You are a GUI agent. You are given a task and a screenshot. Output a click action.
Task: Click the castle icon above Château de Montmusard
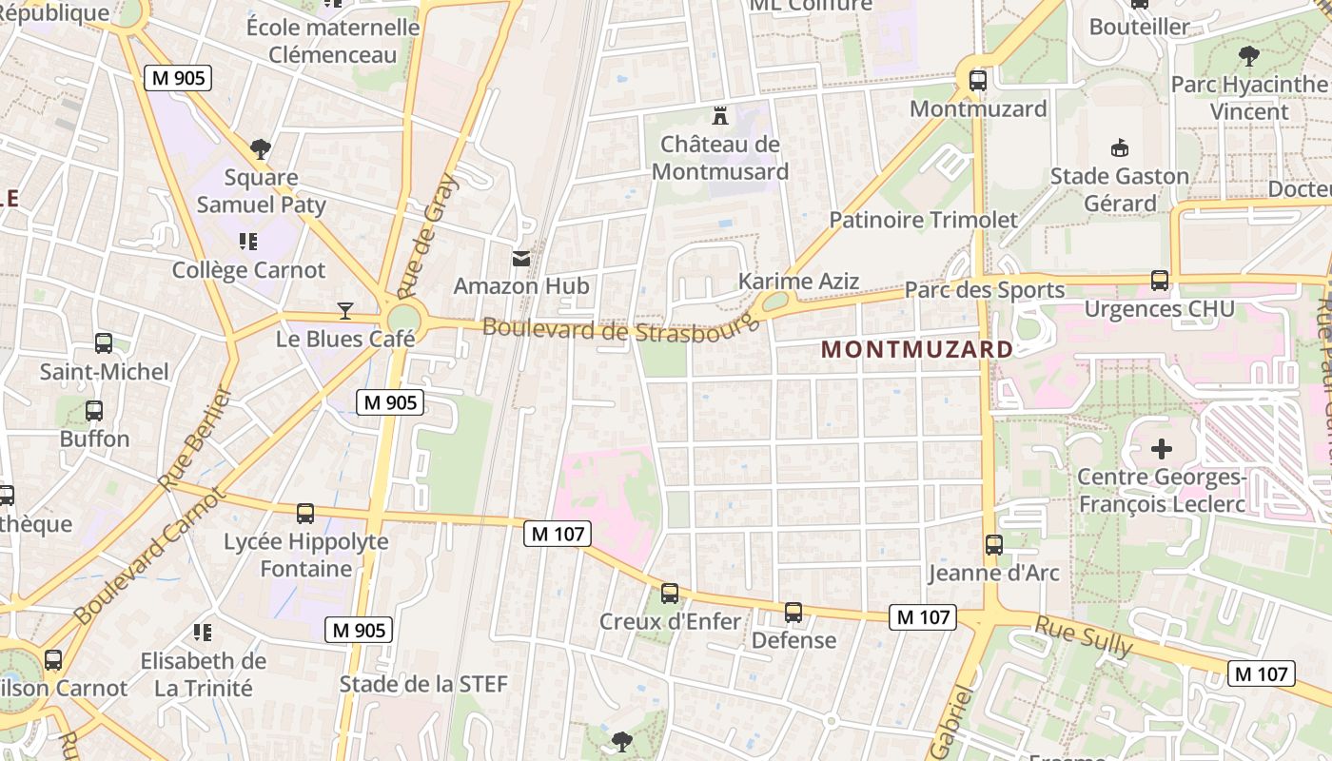tap(720, 117)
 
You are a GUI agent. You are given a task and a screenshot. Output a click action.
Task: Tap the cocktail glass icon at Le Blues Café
tap(345, 310)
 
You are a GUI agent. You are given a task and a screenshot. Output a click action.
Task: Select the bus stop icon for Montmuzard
tap(977, 81)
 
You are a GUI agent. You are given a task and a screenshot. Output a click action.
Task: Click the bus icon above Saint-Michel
tap(104, 343)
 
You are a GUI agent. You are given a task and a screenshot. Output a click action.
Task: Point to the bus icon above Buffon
tap(94, 411)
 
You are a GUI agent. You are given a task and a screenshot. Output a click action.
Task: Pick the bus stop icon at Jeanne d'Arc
tap(994, 545)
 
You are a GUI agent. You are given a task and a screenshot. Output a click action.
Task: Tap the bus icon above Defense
tap(793, 613)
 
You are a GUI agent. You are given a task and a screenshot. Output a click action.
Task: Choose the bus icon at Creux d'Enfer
tap(670, 594)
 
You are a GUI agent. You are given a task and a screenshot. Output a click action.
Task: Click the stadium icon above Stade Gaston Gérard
tap(1120, 148)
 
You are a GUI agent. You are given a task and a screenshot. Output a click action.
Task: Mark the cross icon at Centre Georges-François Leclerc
tap(1162, 448)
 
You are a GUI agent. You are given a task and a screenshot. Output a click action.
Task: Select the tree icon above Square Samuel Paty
tap(261, 149)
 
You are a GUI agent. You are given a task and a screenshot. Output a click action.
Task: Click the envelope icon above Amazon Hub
tap(521, 259)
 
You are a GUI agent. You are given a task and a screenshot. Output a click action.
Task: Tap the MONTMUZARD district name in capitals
tap(917, 349)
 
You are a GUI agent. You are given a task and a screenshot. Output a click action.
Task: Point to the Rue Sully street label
tap(1084, 636)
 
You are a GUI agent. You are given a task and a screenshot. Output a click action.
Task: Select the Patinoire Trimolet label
tap(923, 220)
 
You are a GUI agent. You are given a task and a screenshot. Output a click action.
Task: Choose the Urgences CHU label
tap(1160, 308)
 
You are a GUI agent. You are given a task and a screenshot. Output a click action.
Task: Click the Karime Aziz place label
tap(798, 282)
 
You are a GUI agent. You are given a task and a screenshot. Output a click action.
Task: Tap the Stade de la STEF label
tap(423, 684)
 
